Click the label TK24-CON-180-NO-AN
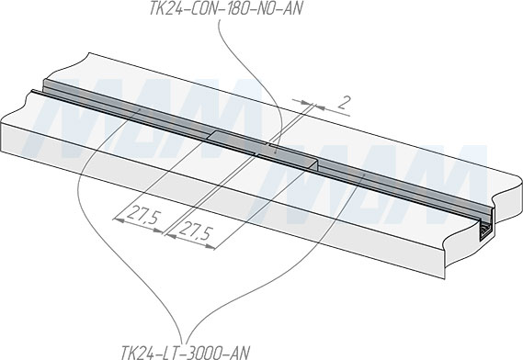pyautogui.click(x=225, y=8)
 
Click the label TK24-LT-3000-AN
pyautogui.click(x=185, y=353)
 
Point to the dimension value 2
pyautogui.click(x=344, y=103)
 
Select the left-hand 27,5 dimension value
pyautogui.click(x=142, y=217)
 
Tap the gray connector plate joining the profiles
pyautogui.click(x=263, y=148)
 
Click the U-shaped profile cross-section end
pyautogui.click(x=486, y=231)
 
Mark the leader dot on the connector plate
pyautogui.click(x=275, y=152)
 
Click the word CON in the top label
pyautogui.click(x=200, y=8)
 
